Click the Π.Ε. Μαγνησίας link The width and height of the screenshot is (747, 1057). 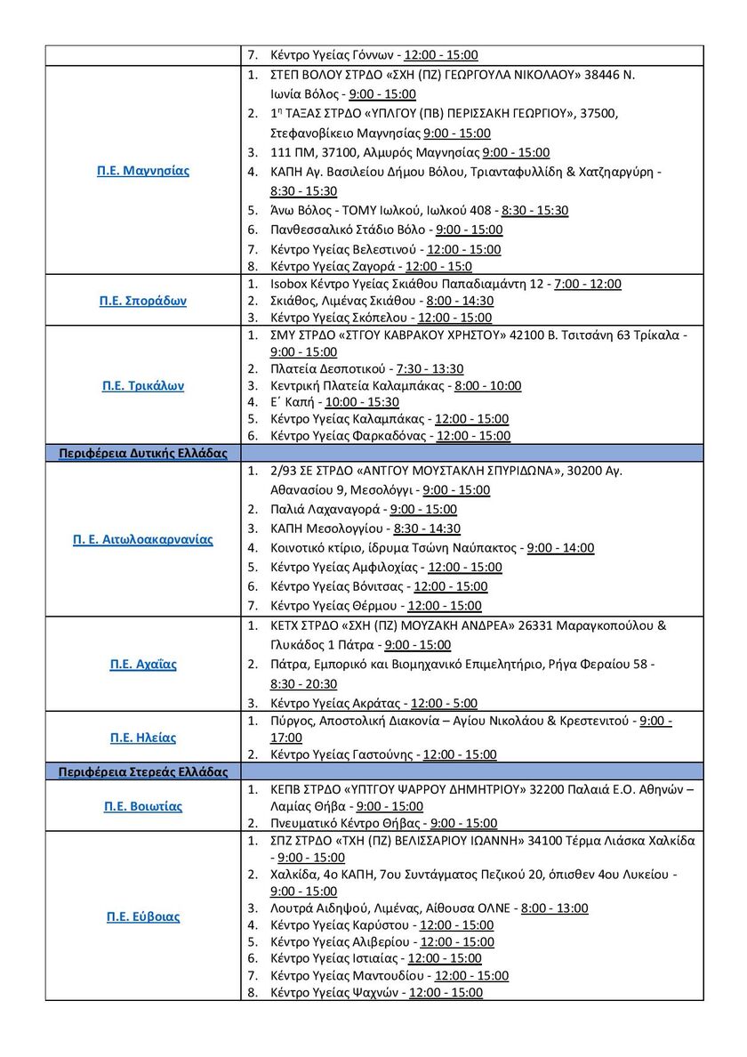click(142, 170)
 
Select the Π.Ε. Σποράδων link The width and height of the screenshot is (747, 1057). click(142, 301)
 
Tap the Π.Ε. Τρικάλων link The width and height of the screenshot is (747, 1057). click(142, 386)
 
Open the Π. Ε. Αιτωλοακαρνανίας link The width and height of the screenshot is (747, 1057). click(142, 539)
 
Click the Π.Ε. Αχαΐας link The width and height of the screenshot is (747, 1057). click(142, 664)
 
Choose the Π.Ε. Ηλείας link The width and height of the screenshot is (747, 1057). click(142, 737)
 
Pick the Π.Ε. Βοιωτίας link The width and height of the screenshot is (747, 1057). click(142, 806)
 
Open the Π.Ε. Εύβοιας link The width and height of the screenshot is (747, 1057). click(142, 916)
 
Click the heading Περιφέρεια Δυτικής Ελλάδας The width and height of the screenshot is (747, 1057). click(142, 453)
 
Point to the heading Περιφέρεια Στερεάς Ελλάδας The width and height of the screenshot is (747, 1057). click(142, 771)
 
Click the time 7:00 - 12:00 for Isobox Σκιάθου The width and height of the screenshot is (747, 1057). click(587, 284)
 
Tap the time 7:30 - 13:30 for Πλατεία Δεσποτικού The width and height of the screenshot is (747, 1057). click(430, 368)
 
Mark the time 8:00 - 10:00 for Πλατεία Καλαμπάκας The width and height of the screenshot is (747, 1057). click(487, 385)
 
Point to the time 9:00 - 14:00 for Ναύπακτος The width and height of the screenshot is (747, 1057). click(560, 548)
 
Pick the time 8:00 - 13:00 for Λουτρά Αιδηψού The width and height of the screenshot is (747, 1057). click(554, 908)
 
